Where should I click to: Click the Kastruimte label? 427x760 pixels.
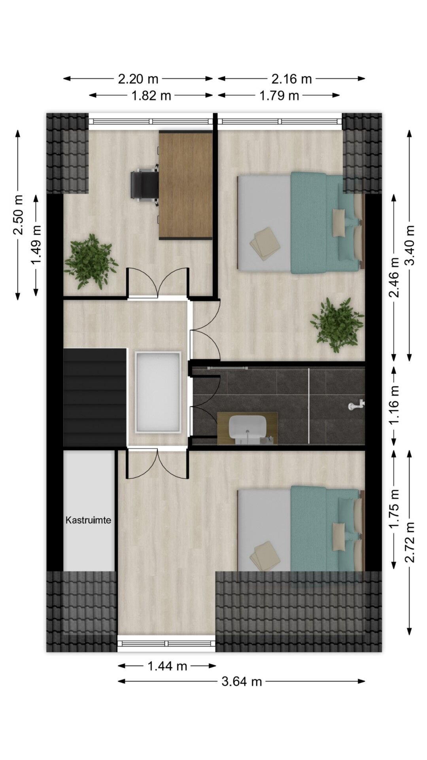point(88,520)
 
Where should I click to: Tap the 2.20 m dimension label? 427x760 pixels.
point(138,79)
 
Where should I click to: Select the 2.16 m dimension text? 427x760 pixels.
point(292,79)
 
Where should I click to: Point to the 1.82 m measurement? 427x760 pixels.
point(151,95)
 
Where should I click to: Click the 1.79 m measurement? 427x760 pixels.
point(279,95)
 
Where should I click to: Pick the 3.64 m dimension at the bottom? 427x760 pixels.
point(242,681)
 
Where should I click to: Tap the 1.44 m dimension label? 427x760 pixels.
point(167,666)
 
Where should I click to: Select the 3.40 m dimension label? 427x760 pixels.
point(411,245)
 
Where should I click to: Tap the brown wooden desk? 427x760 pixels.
point(186,185)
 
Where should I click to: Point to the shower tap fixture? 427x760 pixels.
point(357,405)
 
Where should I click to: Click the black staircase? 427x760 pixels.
point(95,397)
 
